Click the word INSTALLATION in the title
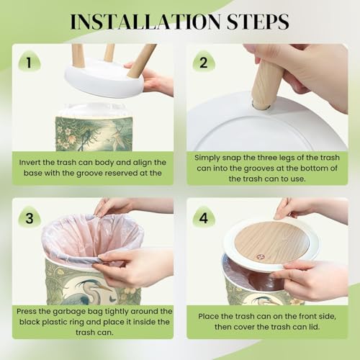[x=145, y=22]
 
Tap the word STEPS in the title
[x=258, y=22]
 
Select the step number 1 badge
[x=30, y=62]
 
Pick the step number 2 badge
[x=204, y=62]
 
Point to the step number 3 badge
[x=30, y=217]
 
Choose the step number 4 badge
[x=204, y=217]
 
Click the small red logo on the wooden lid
[x=259, y=257]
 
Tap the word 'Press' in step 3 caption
[x=27, y=312]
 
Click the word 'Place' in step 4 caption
[x=209, y=316]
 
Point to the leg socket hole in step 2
[x=261, y=106]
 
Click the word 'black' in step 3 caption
[x=30, y=322]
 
